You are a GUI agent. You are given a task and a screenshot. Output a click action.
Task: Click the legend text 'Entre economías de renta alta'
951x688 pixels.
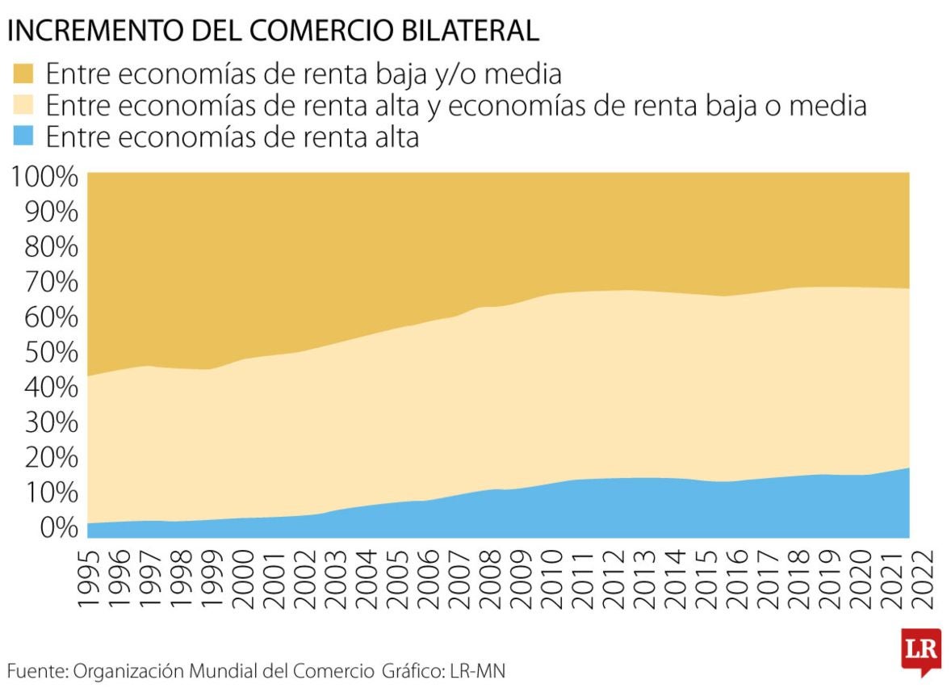[233, 137]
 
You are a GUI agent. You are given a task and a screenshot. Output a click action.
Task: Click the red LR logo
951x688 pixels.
[921, 650]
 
